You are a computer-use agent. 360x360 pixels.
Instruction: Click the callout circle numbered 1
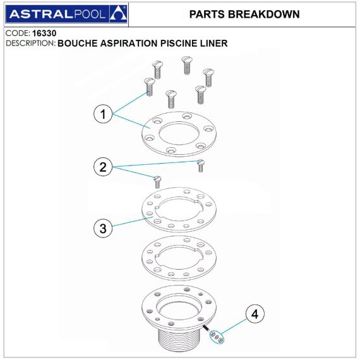(x=103, y=114)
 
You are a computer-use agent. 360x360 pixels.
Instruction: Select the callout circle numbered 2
(x=103, y=167)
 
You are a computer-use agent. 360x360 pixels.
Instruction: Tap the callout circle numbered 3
(x=103, y=228)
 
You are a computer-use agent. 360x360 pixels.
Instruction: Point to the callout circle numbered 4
(x=255, y=314)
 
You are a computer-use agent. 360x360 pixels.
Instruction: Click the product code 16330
(x=44, y=33)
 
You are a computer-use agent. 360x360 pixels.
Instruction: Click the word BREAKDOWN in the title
(x=263, y=15)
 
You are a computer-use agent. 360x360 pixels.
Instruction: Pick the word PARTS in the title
(x=207, y=15)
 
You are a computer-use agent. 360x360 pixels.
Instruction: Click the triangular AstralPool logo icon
(x=118, y=14)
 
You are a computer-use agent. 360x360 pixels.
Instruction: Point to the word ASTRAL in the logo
(x=41, y=15)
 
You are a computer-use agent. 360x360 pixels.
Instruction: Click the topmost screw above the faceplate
(x=187, y=65)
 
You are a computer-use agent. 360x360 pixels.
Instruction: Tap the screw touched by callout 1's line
(x=149, y=87)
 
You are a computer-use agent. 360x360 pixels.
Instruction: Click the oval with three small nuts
(x=217, y=337)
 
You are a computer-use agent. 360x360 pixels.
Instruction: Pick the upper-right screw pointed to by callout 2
(x=201, y=165)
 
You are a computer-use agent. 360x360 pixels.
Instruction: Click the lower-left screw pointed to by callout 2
(x=157, y=182)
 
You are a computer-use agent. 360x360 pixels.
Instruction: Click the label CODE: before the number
(x=18, y=33)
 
